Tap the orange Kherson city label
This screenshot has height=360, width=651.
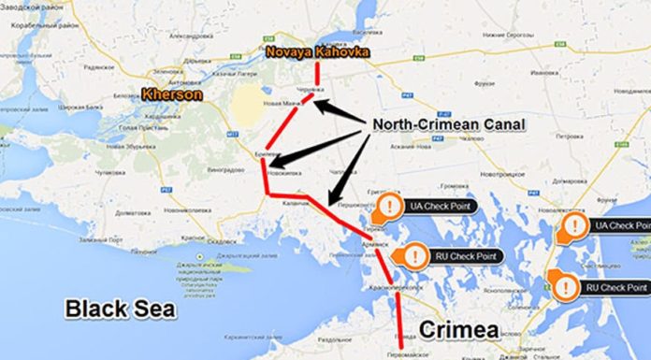(x=170, y=94)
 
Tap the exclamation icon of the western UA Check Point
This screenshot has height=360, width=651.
(x=388, y=206)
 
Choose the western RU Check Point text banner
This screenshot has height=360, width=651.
(x=463, y=255)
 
